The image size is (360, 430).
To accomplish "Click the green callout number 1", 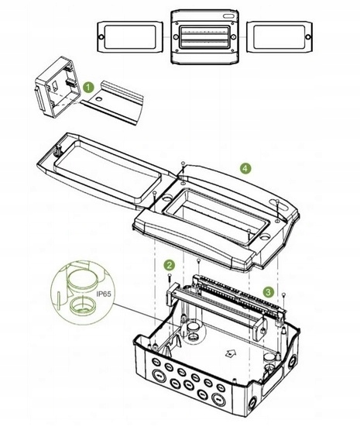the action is pos(88,88).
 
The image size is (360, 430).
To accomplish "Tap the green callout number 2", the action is pos(169,265).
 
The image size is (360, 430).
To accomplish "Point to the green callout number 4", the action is pos(245,168).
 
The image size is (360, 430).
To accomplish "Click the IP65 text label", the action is pos(104,294).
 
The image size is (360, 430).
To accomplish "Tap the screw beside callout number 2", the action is pos(170,278).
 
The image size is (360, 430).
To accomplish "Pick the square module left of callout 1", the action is pos(59,88).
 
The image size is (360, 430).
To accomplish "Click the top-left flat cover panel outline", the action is pos(130,36).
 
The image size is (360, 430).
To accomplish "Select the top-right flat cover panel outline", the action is pos(279,36).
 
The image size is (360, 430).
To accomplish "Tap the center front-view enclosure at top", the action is pos(204,36).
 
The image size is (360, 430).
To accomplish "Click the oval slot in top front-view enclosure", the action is pos(228,16).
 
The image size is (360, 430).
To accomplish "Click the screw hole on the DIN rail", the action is pos(99,98).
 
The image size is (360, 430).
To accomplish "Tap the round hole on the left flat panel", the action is pos(101,36).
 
